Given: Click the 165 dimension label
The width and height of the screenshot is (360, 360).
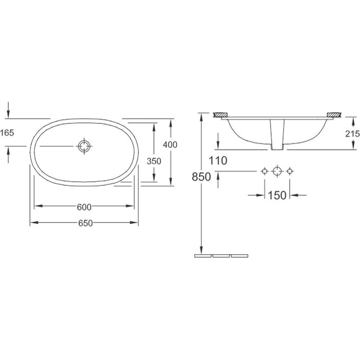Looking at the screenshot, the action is point(7,133).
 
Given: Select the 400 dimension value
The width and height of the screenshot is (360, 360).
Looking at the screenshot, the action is point(170,145).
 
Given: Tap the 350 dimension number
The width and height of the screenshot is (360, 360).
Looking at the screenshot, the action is point(154,161).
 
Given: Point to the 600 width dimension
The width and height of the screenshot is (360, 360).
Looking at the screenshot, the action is point(84,207).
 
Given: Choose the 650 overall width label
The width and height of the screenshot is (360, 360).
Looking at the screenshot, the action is point(85,223).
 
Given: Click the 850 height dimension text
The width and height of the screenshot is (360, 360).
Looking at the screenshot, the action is point(201,177).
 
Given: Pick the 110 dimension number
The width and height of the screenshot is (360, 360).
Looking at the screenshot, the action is point(218,160).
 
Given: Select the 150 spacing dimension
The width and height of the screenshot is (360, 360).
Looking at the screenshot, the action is point(277,195).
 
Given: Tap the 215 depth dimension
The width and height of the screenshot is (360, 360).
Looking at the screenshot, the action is point(353,133).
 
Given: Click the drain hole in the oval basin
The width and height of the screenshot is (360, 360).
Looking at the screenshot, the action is point(85,146).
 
